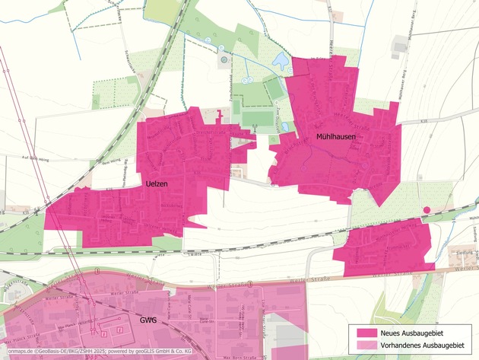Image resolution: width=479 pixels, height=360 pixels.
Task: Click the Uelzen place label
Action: tap(157, 183)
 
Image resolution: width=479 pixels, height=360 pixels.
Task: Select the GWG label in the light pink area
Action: tap(148, 320)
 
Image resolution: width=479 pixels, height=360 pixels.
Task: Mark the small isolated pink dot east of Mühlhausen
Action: tap(427, 209)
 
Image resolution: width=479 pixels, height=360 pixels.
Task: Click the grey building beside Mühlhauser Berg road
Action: tap(400, 46)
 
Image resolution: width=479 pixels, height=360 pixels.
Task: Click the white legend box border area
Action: tap(414, 325)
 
